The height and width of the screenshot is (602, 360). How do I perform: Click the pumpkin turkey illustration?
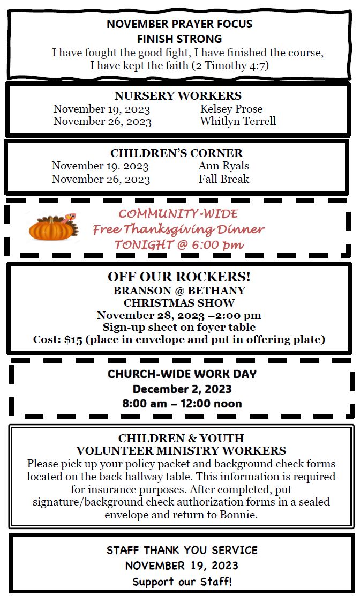coord(52,228)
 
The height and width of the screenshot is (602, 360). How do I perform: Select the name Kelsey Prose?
coord(231,109)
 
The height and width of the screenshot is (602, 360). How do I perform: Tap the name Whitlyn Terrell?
coord(238,121)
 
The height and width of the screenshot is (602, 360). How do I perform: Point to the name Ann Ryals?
coord(223,166)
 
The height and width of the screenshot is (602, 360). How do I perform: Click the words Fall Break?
coord(223,179)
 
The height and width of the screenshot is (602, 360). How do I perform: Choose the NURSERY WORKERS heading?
coord(178,96)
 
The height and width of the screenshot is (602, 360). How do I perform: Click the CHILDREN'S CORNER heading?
coord(176,153)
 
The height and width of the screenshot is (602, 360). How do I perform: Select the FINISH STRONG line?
coord(179,39)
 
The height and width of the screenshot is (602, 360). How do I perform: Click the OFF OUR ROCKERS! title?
coord(179,277)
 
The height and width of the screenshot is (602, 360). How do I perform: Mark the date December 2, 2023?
coord(182,389)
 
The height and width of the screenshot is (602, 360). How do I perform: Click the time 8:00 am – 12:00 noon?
coord(182,403)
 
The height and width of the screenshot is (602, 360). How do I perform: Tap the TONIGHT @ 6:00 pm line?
coord(179,245)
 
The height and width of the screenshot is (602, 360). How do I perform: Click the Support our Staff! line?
coord(182,582)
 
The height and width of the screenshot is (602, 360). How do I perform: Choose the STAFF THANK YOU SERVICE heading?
coord(182,551)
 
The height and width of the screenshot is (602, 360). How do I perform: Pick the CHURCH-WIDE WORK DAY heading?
coord(182,374)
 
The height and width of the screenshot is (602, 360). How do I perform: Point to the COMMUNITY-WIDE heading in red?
coord(178,214)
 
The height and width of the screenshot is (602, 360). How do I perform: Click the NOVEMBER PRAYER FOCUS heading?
coord(179,24)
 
